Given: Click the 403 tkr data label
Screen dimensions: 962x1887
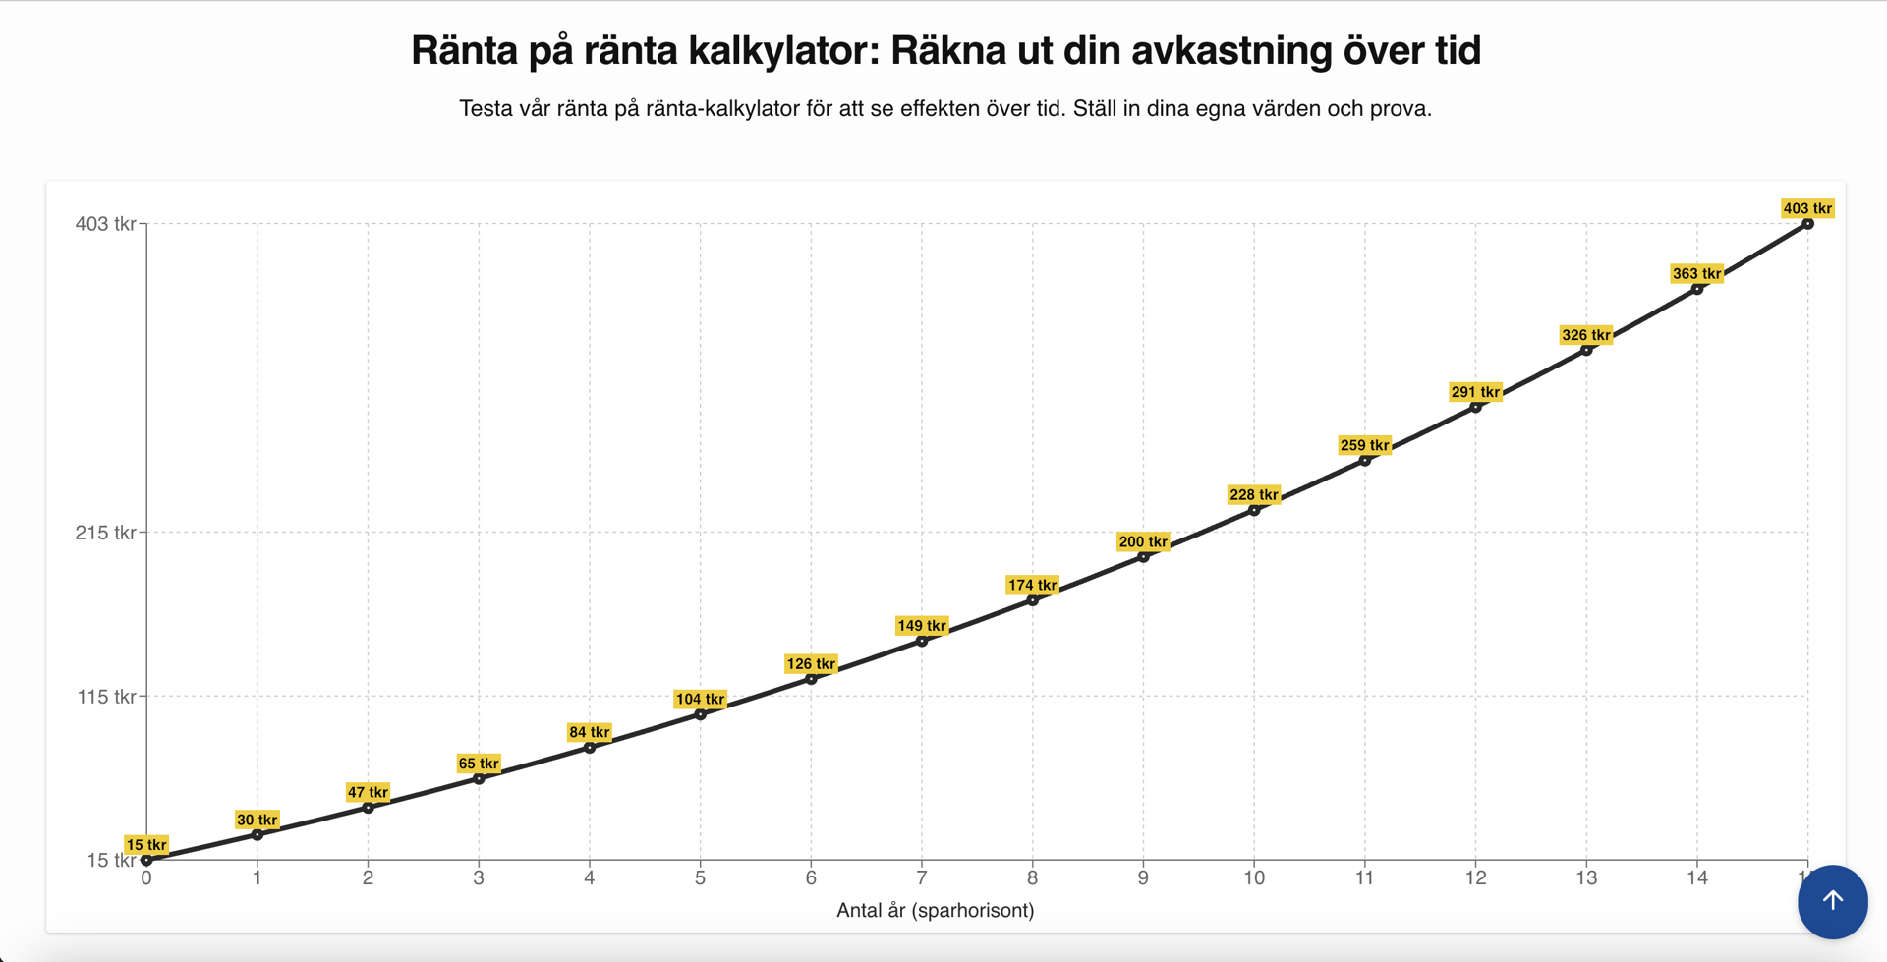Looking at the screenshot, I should [1807, 208].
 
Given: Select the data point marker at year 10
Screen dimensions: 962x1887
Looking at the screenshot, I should [1254, 510].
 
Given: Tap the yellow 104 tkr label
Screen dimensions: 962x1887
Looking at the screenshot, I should [700, 699].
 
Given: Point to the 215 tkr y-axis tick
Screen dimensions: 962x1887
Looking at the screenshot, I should [106, 533].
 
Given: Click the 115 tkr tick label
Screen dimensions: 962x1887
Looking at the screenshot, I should [106, 697].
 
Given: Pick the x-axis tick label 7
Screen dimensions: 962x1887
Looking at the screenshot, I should [922, 877].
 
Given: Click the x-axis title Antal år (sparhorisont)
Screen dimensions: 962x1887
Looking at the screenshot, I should [935, 910].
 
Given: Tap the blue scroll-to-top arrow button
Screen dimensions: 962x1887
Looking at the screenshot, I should [1832, 901].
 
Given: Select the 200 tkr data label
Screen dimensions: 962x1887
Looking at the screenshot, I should [1143, 541].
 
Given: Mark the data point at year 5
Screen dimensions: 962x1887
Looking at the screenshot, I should [701, 714].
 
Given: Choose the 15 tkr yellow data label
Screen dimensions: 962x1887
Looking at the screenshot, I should [146, 844].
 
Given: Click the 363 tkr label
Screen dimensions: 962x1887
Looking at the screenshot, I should [1696, 273].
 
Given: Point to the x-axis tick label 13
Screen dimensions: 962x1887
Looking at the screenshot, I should [1586, 877].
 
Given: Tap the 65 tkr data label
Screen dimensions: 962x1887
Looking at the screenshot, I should [479, 764].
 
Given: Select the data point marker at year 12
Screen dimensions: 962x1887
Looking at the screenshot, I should [1476, 407].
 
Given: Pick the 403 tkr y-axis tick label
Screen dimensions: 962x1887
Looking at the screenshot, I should [106, 224].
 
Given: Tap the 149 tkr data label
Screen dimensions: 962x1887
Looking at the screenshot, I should [922, 625].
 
